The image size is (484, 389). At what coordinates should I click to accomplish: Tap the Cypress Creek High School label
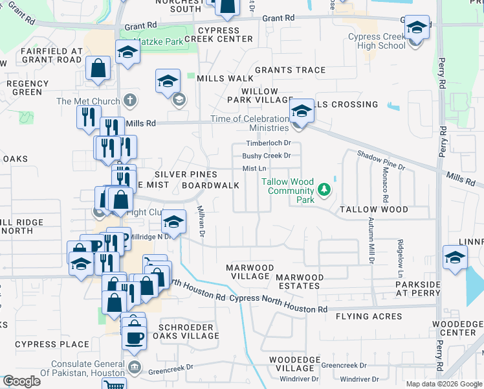coord(376,41)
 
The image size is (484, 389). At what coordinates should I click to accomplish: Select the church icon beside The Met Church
coord(130,100)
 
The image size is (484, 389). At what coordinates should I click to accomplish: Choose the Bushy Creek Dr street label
coord(267,156)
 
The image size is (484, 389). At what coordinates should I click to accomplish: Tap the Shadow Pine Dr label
coord(382,159)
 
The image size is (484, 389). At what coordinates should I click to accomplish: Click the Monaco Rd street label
coord(385,188)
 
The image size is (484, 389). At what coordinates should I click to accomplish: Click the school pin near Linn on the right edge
coord(455,257)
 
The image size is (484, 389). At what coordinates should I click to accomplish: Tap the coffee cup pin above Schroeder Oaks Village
coord(135,337)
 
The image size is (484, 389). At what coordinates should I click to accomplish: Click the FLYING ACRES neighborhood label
coord(369,317)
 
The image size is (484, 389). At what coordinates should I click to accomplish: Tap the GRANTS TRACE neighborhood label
coord(290,70)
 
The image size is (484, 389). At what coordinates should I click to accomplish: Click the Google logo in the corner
coord(21,381)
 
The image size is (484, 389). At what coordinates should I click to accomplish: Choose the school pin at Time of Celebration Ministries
coord(301,112)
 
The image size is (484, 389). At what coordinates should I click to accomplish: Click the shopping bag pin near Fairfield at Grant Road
coord(97,68)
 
